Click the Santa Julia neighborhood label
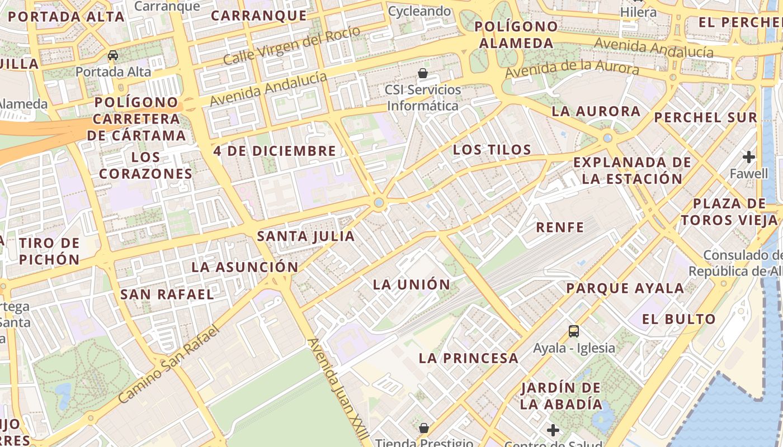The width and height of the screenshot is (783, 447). point(306,236)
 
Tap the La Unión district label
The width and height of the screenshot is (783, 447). point(412,284)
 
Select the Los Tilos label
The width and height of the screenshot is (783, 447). point(492,150)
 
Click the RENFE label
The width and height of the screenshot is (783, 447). point(560,227)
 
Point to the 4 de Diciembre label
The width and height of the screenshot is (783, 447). point(275,151)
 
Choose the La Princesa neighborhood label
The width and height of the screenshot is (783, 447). point(469,358)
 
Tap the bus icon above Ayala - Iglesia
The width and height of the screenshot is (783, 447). point(574,331)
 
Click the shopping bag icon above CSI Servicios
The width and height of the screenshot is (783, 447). point(423,73)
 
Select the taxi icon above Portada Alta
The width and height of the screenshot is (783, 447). point(113,55)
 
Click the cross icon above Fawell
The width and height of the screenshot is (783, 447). point(749,157)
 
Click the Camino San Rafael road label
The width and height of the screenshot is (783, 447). point(168,363)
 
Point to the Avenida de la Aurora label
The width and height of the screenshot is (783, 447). point(572,70)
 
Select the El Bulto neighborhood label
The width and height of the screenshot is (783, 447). point(678,320)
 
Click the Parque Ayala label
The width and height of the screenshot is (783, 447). point(625,289)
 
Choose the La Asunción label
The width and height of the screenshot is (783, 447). point(245,267)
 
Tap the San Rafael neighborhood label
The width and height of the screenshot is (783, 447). point(167,294)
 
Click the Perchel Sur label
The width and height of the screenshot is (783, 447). point(705,118)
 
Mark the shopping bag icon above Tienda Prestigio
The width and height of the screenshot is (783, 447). point(423,428)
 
